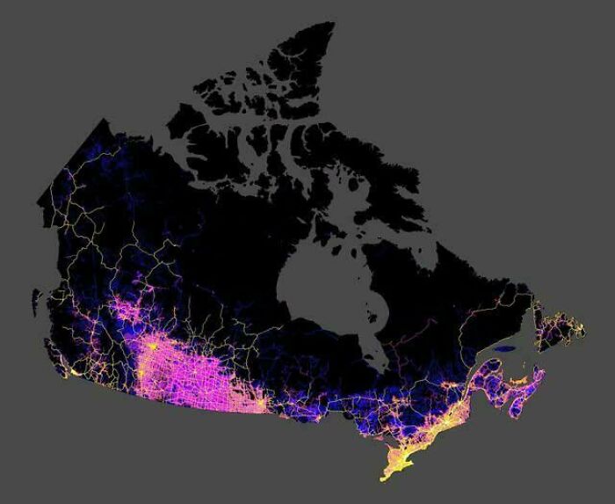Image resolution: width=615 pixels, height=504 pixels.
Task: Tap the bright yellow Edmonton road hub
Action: click(x=155, y=347)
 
